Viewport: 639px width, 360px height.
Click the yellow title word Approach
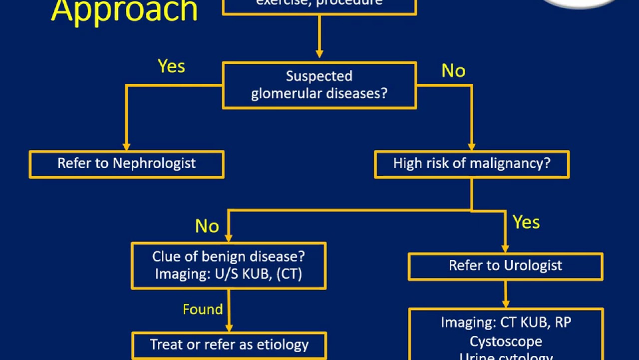pyautogui.click(x=124, y=11)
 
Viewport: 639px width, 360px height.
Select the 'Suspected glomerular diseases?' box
pyautogui.click(x=319, y=85)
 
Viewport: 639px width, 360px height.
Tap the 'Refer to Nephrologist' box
pyautogui.click(x=126, y=164)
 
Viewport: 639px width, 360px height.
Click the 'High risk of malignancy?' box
pyautogui.click(x=471, y=164)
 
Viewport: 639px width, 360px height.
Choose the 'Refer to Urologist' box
pyautogui.click(x=505, y=266)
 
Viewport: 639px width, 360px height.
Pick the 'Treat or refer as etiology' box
pyautogui.click(x=229, y=345)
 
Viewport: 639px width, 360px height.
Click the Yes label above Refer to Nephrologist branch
pyautogui.click(x=171, y=66)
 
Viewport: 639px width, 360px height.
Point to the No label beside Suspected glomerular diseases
pyautogui.click(x=453, y=71)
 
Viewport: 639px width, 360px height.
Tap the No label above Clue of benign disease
pyautogui.click(x=207, y=226)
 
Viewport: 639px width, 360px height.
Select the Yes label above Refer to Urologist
pyautogui.click(x=526, y=222)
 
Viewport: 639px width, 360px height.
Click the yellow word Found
pyautogui.click(x=203, y=309)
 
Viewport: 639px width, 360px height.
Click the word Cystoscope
pyautogui.click(x=506, y=342)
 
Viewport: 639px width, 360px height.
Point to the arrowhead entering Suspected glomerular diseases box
pyautogui.click(x=319, y=54)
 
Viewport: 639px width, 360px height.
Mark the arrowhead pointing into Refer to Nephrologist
pyautogui.click(x=126, y=146)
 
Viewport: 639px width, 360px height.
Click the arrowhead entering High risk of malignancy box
pyautogui.click(x=471, y=146)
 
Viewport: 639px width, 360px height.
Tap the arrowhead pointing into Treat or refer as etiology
pyautogui.click(x=229, y=327)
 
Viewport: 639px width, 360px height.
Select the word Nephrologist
pyautogui.click(x=154, y=164)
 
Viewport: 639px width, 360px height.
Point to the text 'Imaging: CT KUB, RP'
pyautogui.click(x=506, y=323)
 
